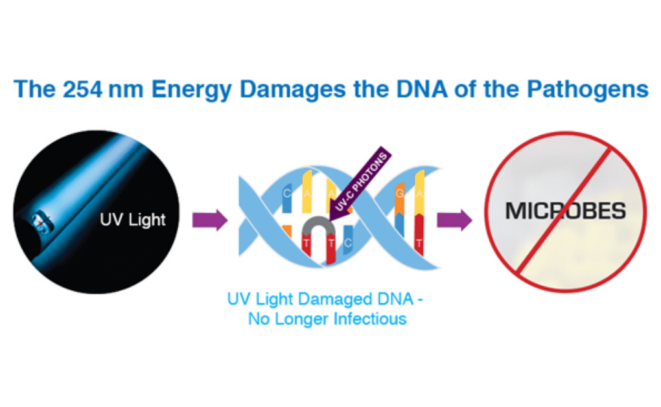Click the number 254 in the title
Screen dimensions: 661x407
[x=83, y=89]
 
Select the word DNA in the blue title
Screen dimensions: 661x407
[x=422, y=89]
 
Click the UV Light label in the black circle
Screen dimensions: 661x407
[x=133, y=220]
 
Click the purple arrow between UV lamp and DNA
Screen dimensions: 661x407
[x=210, y=220]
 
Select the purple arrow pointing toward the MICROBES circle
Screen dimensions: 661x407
[x=454, y=220]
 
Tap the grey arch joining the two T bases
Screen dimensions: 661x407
[x=319, y=226]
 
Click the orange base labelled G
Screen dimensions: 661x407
[x=399, y=198]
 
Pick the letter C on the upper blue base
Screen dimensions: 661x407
[x=286, y=194]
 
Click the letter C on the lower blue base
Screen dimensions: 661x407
[x=348, y=243]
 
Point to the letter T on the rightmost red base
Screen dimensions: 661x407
[x=419, y=243]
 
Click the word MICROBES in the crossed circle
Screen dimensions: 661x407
[x=565, y=211]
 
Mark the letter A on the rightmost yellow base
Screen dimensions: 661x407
[x=419, y=194]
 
